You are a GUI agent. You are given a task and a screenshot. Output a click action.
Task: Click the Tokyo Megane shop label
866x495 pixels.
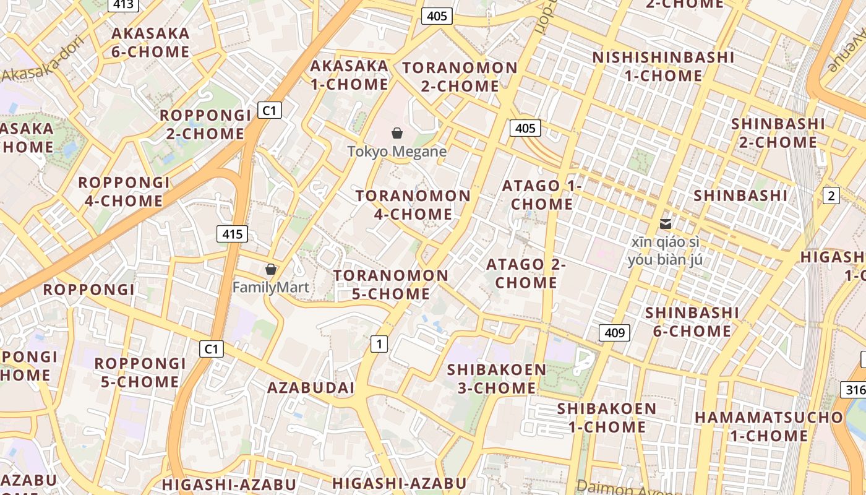point(397,151)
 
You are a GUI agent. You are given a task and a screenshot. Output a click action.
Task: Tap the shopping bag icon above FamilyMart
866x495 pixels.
point(270,269)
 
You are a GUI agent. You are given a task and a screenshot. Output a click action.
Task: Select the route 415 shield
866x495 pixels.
point(232,234)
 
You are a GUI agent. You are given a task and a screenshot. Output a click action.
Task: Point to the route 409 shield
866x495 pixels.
point(614,333)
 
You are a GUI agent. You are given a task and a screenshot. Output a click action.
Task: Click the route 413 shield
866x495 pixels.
point(123,5)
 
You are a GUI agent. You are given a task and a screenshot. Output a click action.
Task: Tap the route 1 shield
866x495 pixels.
point(379,343)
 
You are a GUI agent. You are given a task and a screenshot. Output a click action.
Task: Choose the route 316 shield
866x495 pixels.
point(854,389)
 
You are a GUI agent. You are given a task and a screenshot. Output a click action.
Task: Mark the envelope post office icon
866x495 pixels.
point(666,223)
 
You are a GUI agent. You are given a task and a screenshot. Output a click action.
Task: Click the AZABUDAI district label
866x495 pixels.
point(311,388)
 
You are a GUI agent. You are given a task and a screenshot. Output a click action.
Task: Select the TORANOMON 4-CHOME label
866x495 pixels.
point(413,205)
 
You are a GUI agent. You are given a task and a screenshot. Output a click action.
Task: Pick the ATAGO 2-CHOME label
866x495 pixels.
point(526,273)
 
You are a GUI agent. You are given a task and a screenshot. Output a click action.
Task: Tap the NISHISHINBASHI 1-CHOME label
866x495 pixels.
point(663,66)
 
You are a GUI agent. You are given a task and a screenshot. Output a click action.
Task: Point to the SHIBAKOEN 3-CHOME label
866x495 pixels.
point(497,379)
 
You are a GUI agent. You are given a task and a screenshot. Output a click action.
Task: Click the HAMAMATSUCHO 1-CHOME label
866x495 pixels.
point(769,426)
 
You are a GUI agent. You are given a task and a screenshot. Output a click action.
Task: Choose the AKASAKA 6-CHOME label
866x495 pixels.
point(150,42)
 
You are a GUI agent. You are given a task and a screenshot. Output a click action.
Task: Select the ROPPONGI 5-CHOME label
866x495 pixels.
point(140,372)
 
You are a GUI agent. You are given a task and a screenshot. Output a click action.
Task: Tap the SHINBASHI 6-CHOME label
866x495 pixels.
point(692,322)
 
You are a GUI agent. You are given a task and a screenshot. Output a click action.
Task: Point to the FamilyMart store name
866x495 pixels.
point(270,288)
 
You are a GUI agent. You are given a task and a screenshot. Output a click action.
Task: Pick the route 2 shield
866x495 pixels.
point(831,196)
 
